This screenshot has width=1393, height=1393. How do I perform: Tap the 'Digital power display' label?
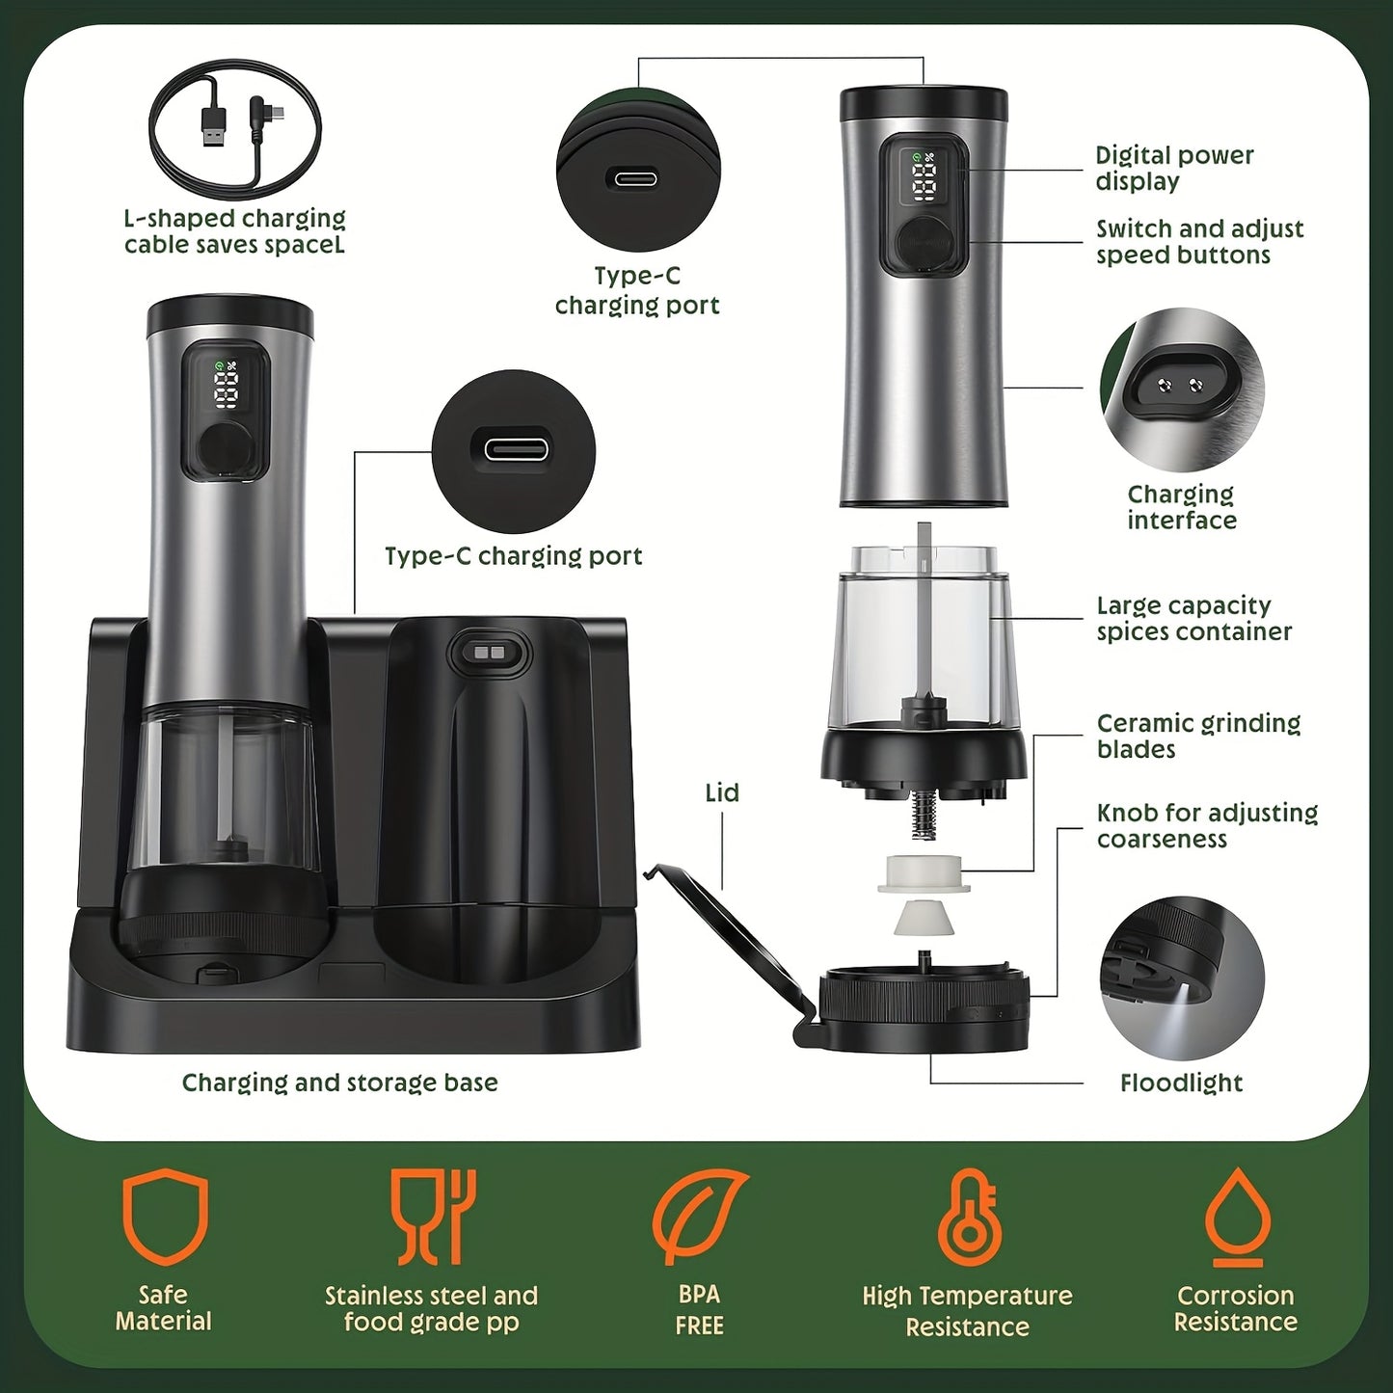(1173, 169)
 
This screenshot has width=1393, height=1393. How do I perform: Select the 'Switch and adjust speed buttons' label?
(1198, 242)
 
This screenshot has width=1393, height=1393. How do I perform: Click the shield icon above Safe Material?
(165, 1217)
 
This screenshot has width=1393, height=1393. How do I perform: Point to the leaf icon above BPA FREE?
(699, 1217)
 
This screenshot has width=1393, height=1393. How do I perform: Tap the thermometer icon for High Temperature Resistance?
(968, 1217)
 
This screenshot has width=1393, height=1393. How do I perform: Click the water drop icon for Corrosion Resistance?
(1235, 1217)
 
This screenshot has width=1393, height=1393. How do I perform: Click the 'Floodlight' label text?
(1181, 1084)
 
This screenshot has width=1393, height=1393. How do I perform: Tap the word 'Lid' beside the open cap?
(722, 793)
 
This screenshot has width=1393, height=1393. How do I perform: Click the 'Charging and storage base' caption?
(339, 1083)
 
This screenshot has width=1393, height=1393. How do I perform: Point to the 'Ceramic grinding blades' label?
(1197, 737)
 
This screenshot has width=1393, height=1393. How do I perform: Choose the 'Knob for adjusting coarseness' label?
(1206, 826)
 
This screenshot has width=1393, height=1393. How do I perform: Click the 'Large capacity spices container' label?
(1193, 619)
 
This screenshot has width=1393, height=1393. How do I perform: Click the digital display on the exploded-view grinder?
(924, 178)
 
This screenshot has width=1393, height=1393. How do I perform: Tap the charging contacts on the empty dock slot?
(490, 653)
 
